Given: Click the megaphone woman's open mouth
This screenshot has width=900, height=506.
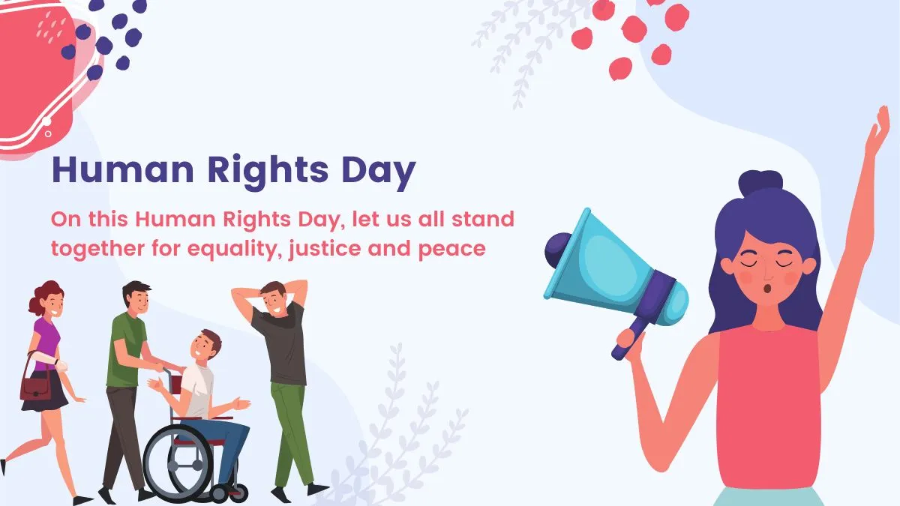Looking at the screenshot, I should tap(764, 288).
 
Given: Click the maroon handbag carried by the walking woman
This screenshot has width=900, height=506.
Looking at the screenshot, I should tap(34, 387).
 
